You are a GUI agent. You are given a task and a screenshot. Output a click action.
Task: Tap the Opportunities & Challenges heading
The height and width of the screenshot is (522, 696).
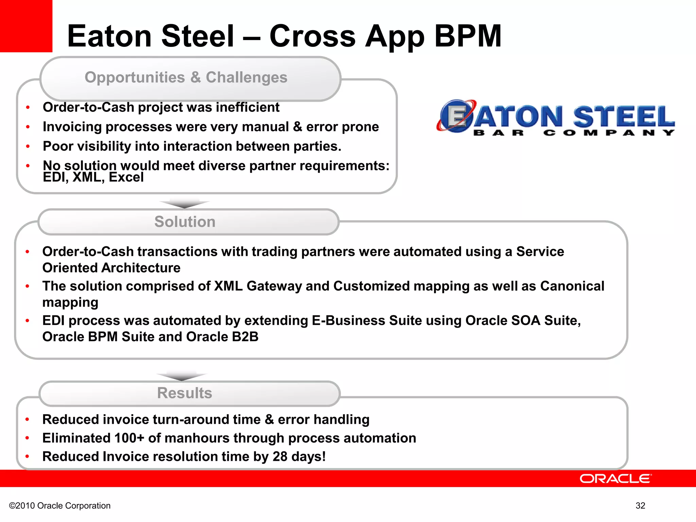pos(186,77)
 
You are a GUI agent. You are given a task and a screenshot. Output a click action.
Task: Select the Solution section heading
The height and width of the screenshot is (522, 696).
pos(185,222)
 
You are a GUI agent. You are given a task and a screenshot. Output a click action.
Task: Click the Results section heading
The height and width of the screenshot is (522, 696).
pos(185,393)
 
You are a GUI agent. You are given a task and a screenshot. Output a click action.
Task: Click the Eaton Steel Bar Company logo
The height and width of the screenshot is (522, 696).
pos(555,118)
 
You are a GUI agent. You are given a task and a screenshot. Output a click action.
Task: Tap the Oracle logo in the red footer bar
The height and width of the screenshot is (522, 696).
pos(615,478)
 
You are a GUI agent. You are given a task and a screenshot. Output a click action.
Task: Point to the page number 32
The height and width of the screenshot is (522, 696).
pos(640,506)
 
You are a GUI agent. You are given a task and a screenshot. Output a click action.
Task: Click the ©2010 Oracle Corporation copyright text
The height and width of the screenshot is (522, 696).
pos(60,506)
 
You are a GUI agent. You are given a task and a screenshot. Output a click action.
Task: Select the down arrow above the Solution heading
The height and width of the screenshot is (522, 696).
pos(184,204)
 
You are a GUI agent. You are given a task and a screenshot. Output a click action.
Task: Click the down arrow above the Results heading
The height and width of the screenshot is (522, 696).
pos(182,376)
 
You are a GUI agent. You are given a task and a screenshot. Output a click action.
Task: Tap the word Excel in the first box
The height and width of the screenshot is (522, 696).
pos(126,177)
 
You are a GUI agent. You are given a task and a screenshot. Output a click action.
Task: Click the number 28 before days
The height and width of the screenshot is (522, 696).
pos(280,456)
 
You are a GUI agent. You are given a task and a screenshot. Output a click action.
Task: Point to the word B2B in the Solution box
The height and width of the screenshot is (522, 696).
pos(245,337)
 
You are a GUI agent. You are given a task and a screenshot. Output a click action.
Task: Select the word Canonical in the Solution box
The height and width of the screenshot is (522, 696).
pos(572,286)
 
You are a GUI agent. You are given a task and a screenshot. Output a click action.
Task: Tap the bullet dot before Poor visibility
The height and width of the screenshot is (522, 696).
pos(28,146)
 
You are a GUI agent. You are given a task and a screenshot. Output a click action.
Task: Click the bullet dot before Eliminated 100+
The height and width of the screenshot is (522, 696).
pos(27,438)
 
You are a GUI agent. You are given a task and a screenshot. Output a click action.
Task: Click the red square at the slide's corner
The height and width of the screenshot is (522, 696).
pos(26,26)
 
